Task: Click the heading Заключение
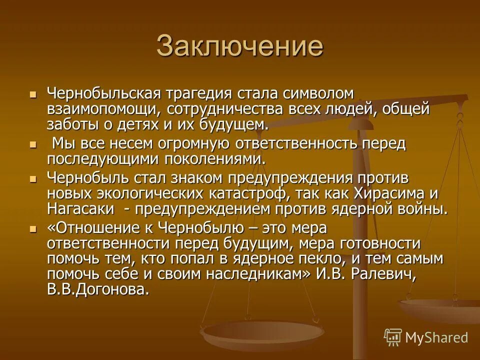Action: click(239, 46)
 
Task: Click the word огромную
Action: click(201, 144)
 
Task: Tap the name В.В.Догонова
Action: click(98, 290)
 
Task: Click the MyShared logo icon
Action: click(393, 337)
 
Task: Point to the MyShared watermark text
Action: click(436, 337)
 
